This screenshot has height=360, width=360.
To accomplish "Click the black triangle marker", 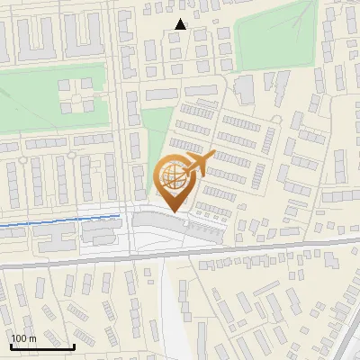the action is click(181, 25).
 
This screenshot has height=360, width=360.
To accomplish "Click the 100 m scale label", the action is click(23, 338).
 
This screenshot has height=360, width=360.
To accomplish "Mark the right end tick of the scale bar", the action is click(74, 345).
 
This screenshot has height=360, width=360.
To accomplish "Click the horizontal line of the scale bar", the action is click(41, 347).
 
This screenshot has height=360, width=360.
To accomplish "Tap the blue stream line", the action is click(54, 222).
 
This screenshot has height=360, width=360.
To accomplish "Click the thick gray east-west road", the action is click(270, 246).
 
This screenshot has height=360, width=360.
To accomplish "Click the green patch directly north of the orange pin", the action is click(158, 135).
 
